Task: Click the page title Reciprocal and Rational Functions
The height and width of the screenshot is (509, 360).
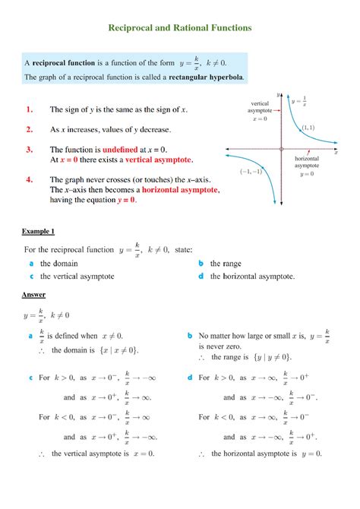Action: (179, 28)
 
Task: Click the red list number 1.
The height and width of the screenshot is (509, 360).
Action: (28, 109)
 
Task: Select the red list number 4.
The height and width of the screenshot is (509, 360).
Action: (28, 180)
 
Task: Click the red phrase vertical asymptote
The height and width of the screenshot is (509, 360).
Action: (159, 160)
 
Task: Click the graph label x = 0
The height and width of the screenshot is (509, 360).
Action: (260, 119)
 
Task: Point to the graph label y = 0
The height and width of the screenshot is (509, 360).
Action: (306, 173)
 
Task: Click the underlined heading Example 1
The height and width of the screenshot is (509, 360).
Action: (39, 230)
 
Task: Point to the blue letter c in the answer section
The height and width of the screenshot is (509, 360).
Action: (30, 377)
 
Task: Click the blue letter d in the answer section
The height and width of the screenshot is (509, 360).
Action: (189, 377)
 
